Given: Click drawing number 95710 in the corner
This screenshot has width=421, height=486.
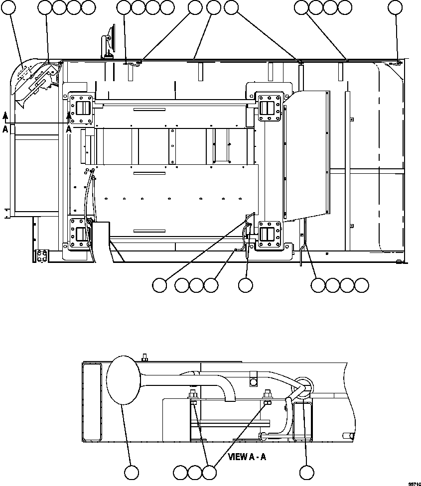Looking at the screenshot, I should tap(415, 484).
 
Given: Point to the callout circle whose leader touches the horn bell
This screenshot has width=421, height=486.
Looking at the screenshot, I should tap(132, 473).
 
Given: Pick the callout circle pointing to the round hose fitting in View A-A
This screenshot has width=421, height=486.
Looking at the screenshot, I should tap(307, 473).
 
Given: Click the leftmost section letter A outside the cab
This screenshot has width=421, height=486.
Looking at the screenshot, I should tap(5, 128).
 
